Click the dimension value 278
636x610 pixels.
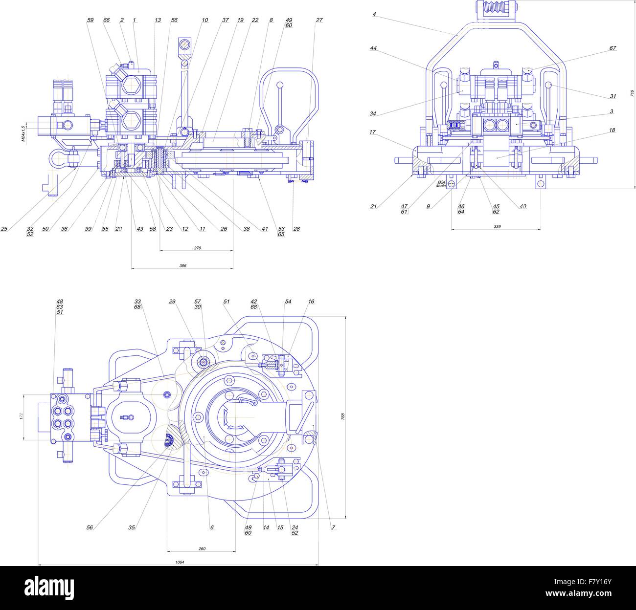pos(197,248)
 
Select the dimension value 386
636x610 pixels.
pos(182,265)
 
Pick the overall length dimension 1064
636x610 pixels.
pos(180,562)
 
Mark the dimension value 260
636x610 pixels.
pos(202,548)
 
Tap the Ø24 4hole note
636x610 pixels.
pos(441,184)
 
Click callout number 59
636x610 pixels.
pos(90,20)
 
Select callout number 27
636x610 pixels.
pos(319,20)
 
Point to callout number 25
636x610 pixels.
pos(4,228)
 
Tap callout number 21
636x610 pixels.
pos(373,206)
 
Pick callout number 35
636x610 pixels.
pos(131,527)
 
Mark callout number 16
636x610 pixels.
pos(311,302)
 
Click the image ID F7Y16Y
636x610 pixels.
pos(594,582)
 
